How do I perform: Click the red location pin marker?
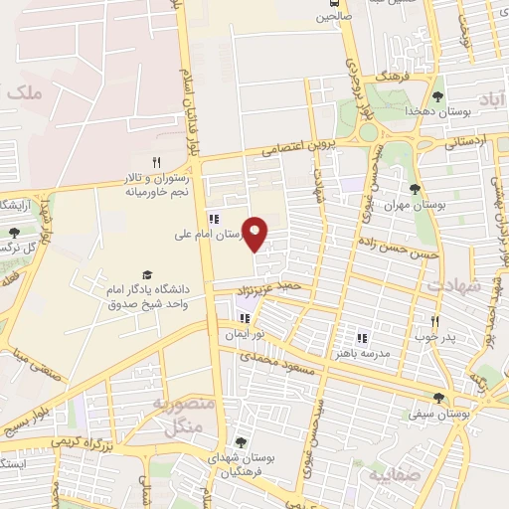[255, 235]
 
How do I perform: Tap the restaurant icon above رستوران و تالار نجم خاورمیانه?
[156, 163]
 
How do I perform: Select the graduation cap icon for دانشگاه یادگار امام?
[147, 274]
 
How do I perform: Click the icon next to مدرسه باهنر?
[362, 338]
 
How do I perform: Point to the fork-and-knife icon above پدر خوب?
[434, 321]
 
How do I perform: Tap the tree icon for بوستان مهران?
[415, 189]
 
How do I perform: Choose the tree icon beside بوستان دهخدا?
[437, 96]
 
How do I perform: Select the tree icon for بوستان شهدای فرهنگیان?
[240, 442]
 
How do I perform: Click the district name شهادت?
[452, 284]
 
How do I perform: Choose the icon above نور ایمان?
[245, 319]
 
